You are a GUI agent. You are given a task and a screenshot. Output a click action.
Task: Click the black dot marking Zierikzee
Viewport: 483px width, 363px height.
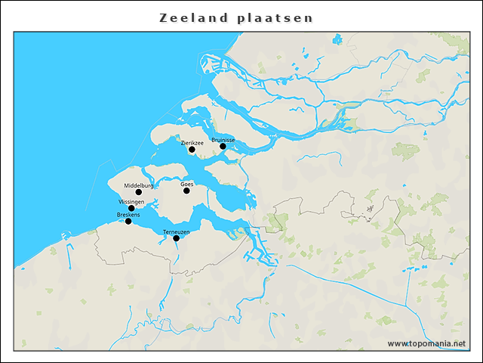point(192,150)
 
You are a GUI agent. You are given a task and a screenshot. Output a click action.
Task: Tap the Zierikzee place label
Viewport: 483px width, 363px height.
point(192,141)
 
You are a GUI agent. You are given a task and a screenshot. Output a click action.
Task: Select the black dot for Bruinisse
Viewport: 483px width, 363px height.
point(223,146)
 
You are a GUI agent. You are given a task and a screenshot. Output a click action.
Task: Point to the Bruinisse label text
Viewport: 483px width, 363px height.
point(223,140)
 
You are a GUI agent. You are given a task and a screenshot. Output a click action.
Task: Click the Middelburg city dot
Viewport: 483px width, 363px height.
point(138,192)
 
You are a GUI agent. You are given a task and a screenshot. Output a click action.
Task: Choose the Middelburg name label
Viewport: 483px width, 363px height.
point(139,185)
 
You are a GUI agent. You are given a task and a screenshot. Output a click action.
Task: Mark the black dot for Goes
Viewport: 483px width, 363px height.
point(186,191)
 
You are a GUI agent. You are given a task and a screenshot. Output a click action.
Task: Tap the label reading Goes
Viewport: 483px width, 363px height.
point(187,184)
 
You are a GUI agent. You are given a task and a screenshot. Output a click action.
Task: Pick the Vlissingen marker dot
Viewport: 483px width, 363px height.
point(131,208)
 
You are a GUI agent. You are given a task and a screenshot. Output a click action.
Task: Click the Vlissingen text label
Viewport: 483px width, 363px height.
point(131,202)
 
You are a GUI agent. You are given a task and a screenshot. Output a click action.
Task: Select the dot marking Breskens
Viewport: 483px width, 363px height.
point(128,222)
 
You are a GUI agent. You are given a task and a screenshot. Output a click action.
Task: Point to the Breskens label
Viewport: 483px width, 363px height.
point(128,215)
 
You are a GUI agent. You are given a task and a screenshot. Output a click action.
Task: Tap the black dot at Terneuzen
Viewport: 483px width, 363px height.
point(176,238)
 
